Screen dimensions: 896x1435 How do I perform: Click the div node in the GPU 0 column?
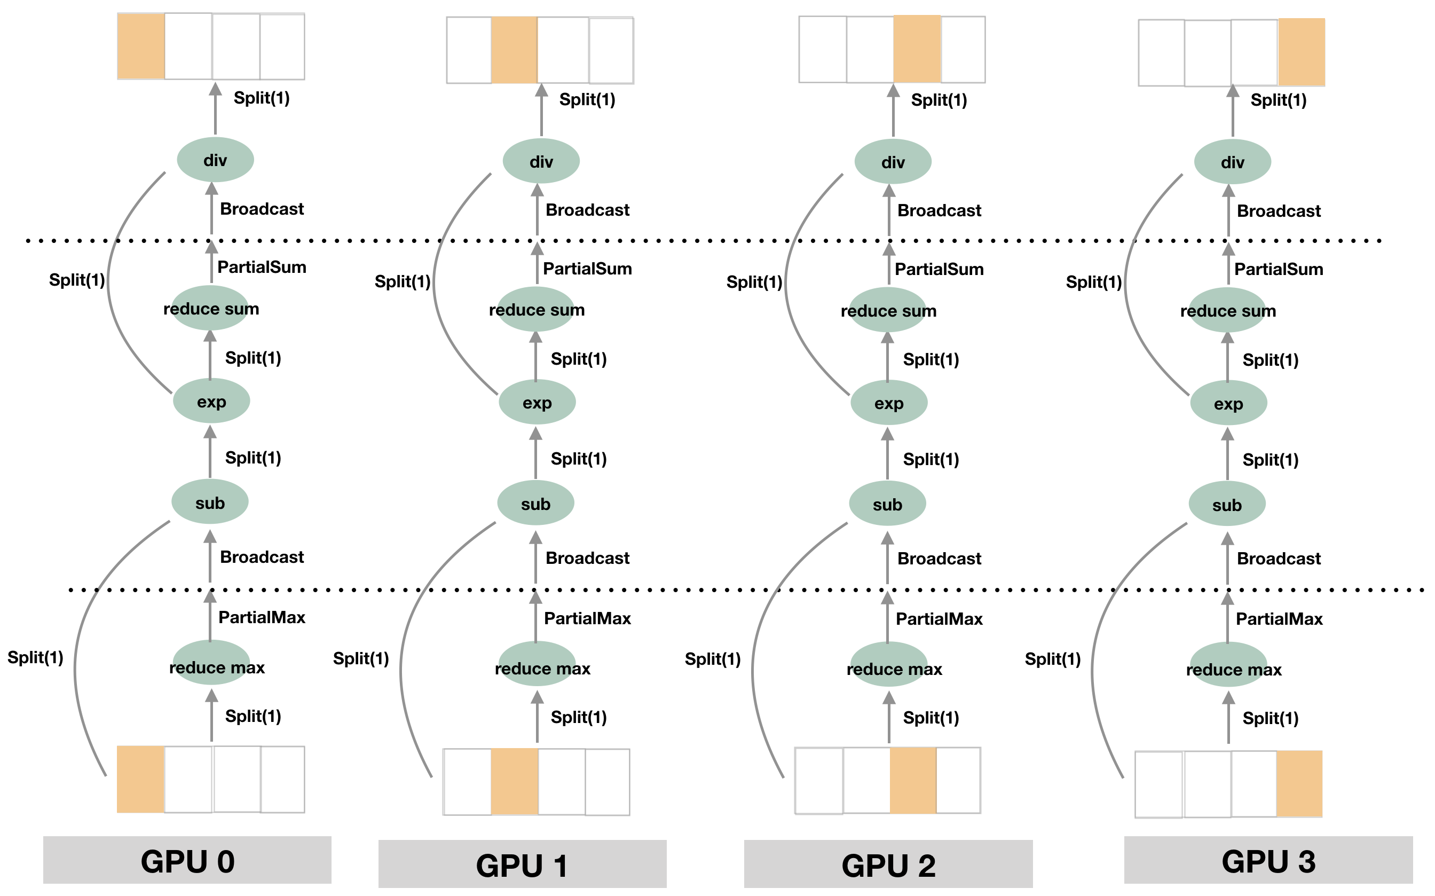click(x=215, y=160)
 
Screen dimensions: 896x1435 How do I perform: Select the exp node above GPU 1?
click(x=537, y=403)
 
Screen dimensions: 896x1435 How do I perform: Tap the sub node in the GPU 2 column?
click(x=887, y=504)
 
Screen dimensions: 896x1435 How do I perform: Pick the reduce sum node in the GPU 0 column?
click(x=210, y=309)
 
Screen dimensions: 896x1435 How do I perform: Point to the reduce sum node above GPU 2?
click(x=888, y=311)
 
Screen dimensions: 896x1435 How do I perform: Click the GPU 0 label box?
click(x=187, y=860)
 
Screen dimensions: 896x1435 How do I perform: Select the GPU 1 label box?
click(x=522, y=864)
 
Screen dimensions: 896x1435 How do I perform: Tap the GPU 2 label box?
click(x=888, y=864)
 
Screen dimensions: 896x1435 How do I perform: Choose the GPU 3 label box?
click(x=1268, y=860)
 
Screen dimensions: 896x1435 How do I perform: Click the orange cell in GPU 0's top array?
click(x=140, y=47)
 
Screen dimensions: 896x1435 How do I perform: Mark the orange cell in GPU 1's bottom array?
click(x=514, y=781)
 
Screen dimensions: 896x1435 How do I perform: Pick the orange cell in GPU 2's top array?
click(x=917, y=49)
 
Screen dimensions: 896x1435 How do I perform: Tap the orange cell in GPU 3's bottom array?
click(x=1299, y=783)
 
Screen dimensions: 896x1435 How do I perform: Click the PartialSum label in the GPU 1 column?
click(x=587, y=269)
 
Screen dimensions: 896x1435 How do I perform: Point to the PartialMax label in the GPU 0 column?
click(x=261, y=617)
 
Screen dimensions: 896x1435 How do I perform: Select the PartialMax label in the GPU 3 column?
click(x=1279, y=619)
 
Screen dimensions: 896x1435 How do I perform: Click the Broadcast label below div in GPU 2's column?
click(x=939, y=210)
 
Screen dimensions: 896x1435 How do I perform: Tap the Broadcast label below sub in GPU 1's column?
click(x=587, y=558)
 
